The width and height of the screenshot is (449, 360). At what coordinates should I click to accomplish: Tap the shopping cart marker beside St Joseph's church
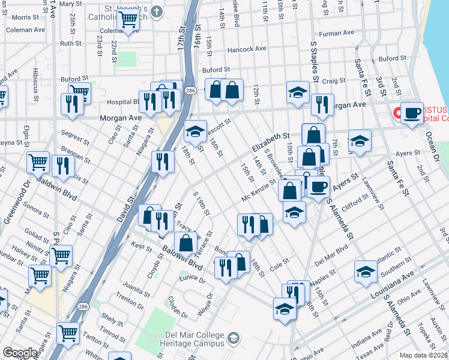coord(128,19)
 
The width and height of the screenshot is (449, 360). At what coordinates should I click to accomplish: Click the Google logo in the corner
coord(20,353)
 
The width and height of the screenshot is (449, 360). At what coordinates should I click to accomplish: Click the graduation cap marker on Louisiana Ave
coord(366,272)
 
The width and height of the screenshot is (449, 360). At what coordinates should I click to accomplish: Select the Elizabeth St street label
coord(271,143)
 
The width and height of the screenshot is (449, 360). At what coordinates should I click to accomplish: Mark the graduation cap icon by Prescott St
coord(194,131)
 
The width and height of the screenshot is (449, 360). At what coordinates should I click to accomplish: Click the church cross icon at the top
coord(157,11)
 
